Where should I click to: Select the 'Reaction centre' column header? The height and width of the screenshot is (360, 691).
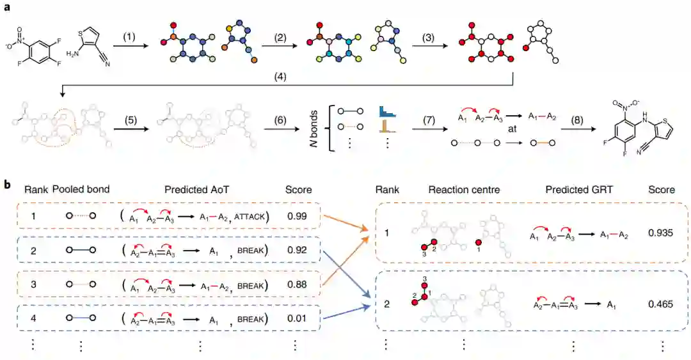[462, 190]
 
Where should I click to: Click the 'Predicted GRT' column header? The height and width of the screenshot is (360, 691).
[573, 190]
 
